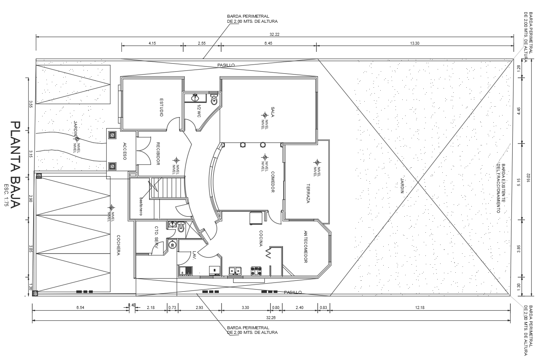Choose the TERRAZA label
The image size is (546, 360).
(308, 194)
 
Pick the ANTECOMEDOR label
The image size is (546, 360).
(306, 247)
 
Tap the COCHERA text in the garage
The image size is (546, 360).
(119, 245)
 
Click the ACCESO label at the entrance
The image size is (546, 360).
(125, 151)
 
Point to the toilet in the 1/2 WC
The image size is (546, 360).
(214, 100)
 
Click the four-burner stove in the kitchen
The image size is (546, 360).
(256, 270)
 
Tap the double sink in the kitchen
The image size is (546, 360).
(235, 270)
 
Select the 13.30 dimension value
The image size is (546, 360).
(415, 43)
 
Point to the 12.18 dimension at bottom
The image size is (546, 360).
(420, 308)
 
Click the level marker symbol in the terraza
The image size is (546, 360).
(317, 162)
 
